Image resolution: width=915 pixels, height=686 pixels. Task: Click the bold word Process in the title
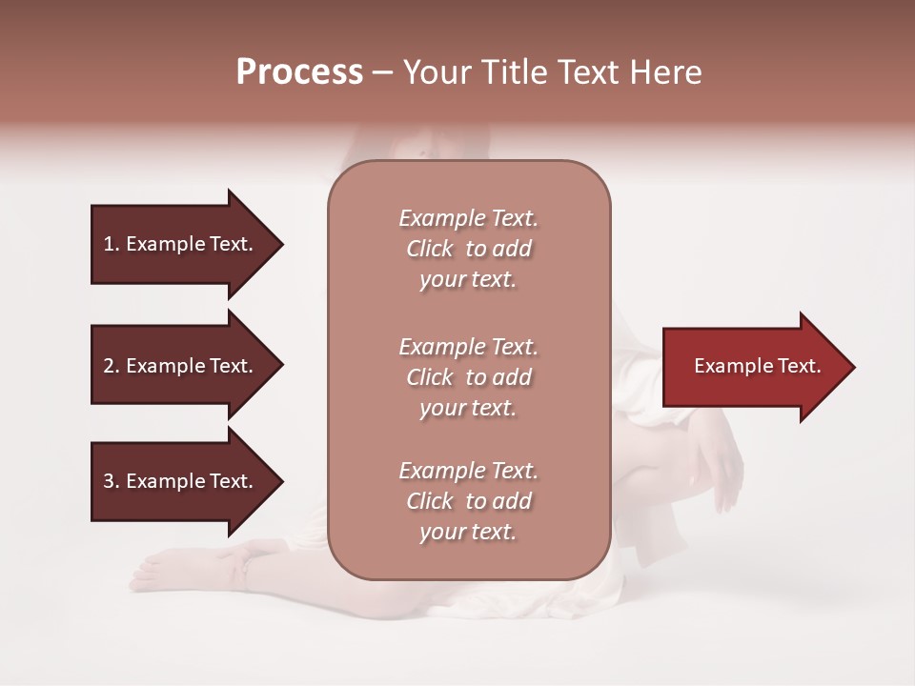(299, 72)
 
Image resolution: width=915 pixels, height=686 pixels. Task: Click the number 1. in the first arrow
(112, 244)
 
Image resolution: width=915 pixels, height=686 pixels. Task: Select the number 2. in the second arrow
(112, 366)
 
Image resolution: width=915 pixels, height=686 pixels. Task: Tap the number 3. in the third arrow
(112, 481)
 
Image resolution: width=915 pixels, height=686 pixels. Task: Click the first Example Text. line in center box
(468, 218)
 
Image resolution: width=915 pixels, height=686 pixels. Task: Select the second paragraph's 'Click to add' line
(468, 377)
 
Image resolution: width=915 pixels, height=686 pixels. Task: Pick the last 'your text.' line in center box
(468, 532)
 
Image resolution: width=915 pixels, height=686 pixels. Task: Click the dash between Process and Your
(382, 72)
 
